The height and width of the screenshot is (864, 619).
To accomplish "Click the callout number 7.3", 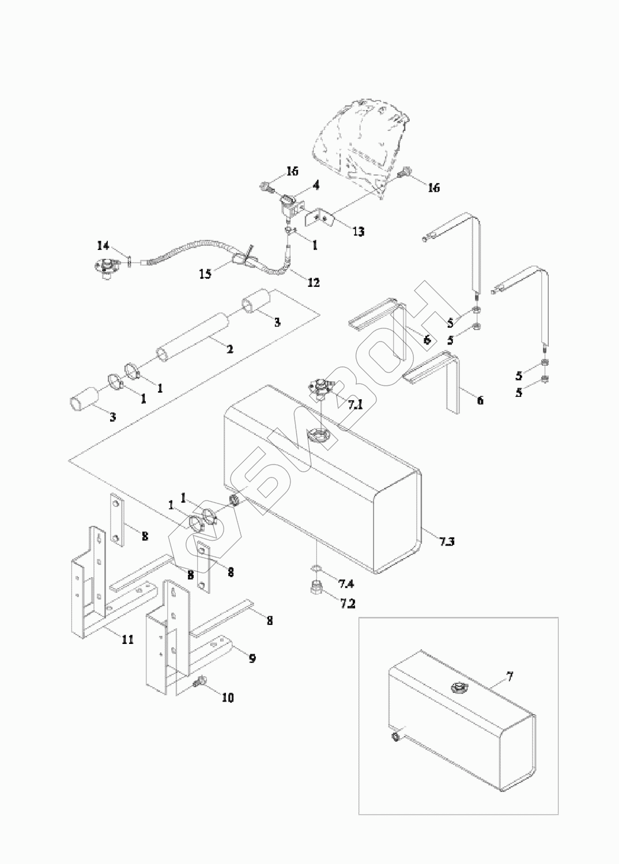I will (447, 542).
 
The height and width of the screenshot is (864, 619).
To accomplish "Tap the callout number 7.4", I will (346, 584).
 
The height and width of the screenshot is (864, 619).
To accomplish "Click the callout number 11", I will (127, 639).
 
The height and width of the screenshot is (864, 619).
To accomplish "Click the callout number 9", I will (252, 658).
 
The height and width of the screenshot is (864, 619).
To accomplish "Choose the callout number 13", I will (358, 232).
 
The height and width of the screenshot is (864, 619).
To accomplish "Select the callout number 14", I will (103, 246).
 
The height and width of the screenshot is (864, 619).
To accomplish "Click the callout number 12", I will (313, 282).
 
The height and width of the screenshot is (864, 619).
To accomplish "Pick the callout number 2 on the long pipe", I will (229, 349).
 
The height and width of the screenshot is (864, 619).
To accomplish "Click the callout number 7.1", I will (355, 404).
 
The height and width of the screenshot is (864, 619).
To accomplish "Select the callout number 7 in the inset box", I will (509, 676).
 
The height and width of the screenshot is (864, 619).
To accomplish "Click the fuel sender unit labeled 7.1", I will (319, 387).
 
